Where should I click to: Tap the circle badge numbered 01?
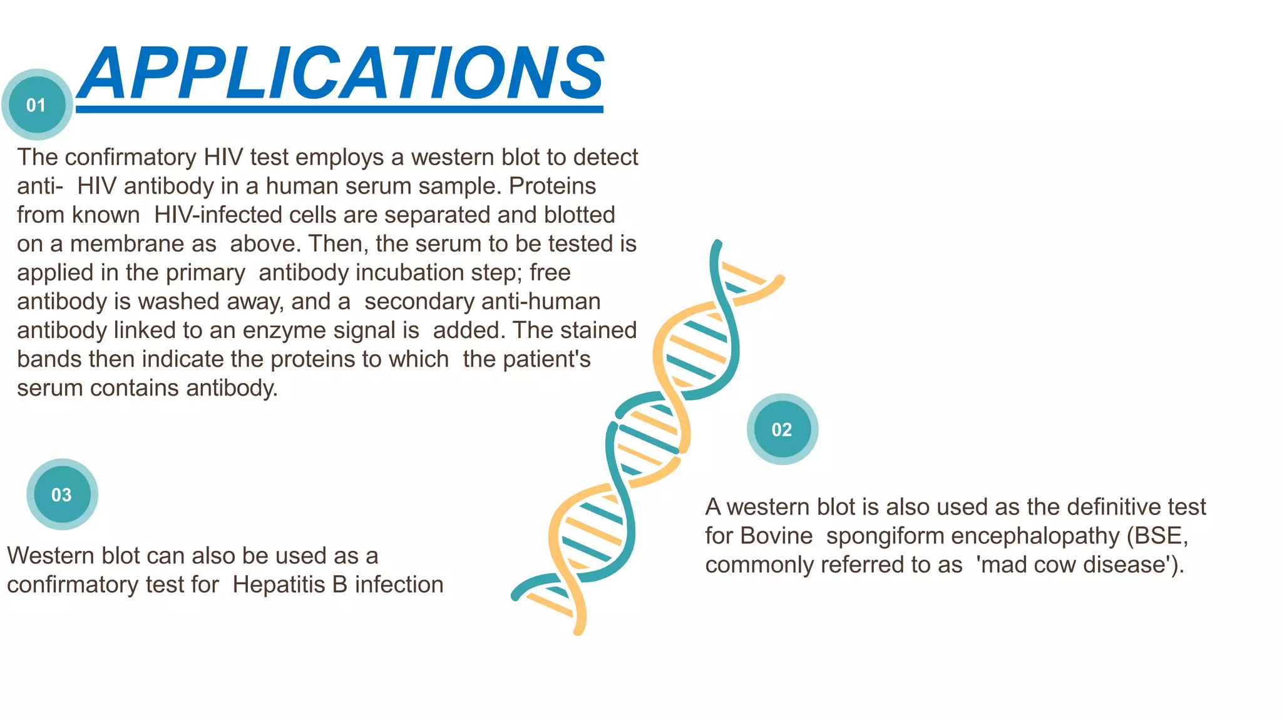37,105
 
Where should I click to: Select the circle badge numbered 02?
782,429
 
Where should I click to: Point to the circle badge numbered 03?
62,494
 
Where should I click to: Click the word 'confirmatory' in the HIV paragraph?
131,157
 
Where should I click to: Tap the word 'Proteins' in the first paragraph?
552,186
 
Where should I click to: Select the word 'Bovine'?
776,536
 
